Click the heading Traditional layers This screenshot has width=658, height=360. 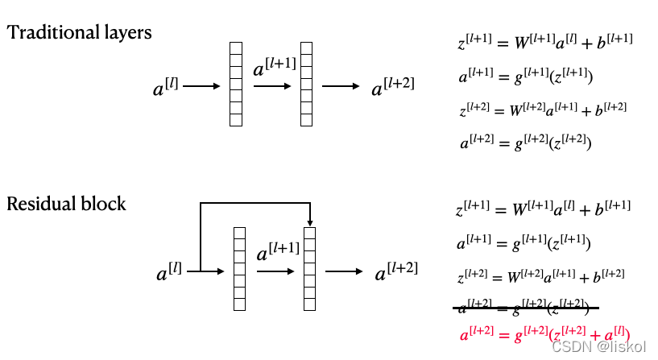coord(80,33)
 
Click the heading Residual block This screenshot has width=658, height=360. coord(67,203)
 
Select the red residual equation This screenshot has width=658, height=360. coord(544,333)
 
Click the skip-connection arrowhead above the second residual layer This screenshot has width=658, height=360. coord(309,223)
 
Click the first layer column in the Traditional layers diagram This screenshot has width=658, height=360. coord(236,84)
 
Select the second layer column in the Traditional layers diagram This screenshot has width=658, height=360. coord(305,84)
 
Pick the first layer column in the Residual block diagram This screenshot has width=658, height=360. coord(239,269)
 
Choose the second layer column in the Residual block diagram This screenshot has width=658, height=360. coord(309,269)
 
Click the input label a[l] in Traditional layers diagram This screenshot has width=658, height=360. coord(166,87)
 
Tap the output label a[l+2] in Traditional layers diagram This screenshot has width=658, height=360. coord(393,86)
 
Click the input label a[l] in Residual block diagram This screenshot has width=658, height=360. coord(169,272)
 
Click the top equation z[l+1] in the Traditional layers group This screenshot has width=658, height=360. coord(544,41)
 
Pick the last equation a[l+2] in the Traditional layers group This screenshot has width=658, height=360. coord(526,143)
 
